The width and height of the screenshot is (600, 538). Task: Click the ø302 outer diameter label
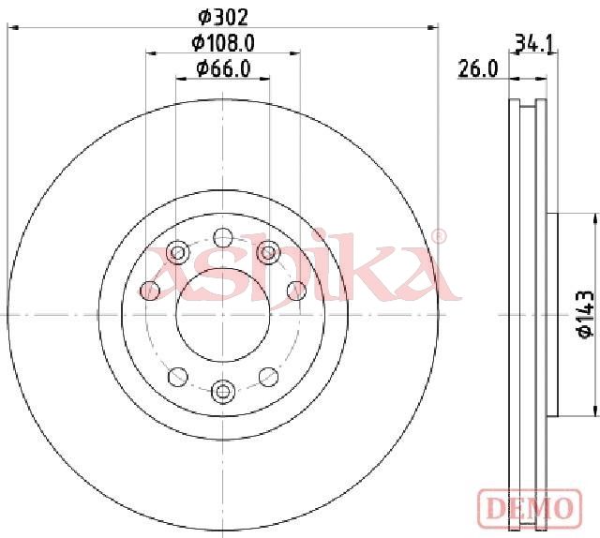click(x=223, y=17)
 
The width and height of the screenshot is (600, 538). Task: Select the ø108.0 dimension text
click(x=223, y=43)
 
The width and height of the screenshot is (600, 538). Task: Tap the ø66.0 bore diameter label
click(x=223, y=68)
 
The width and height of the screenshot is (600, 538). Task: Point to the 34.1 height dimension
click(x=534, y=43)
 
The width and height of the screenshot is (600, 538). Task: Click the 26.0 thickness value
click(x=478, y=69)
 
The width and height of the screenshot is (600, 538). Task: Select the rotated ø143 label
click(x=586, y=315)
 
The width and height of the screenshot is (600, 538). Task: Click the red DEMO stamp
click(x=530, y=507)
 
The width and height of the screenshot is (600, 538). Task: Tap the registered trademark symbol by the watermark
click(x=439, y=236)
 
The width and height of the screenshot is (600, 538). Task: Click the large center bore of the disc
click(x=223, y=315)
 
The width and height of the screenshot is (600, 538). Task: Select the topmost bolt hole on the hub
click(x=223, y=238)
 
